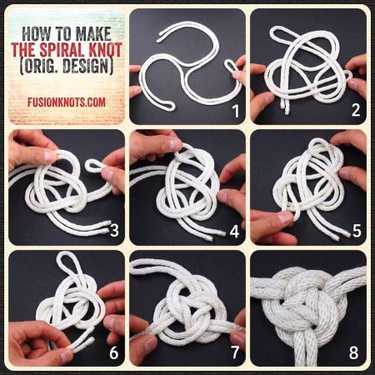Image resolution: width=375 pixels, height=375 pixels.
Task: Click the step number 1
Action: tap(236, 111)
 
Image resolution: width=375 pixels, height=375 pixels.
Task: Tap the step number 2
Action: tap(356, 110)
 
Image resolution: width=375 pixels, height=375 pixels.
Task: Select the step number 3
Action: tap(114, 231)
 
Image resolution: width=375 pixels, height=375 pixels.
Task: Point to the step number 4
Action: tap(235, 231)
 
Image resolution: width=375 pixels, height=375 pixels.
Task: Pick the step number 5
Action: tap(357, 231)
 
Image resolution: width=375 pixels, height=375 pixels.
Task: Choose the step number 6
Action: tap(114, 352)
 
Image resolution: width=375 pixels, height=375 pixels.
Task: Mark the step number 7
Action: tap(235, 352)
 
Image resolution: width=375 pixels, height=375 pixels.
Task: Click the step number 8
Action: tap(353, 352)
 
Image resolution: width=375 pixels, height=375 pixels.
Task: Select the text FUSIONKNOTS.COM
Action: tap(67, 102)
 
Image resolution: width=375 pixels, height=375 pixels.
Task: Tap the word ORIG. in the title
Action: tap(39, 66)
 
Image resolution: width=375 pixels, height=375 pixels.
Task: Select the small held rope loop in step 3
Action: tap(93, 166)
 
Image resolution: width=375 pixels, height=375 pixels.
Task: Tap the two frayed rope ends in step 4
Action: tap(216, 235)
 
